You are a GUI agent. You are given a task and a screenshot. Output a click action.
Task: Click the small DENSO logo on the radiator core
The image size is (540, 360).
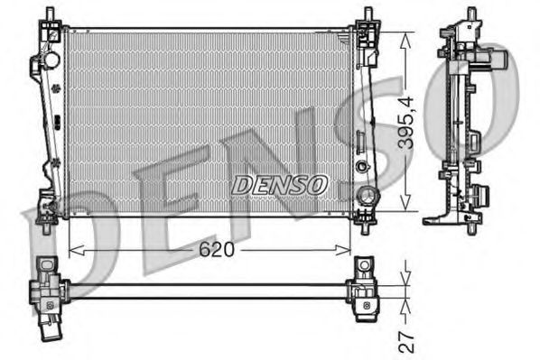point(279,185)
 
